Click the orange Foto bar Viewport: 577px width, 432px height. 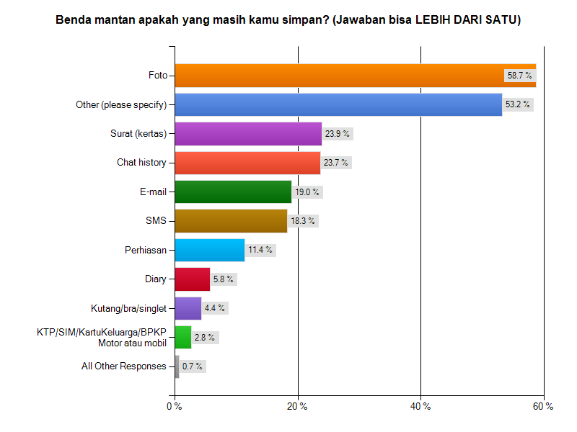(x=339, y=76)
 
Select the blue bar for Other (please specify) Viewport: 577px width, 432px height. (x=338, y=104)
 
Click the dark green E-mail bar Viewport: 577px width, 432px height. (x=232, y=192)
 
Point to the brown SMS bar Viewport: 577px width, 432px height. (x=231, y=221)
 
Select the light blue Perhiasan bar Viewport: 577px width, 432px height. (x=209, y=250)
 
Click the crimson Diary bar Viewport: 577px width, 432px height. (x=192, y=279)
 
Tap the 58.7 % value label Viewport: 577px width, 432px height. (x=519, y=75)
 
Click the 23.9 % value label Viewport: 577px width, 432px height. (x=337, y=134)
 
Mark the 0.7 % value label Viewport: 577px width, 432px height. (x=192, y=366)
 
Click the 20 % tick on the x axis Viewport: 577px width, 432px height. (x=297, y=407)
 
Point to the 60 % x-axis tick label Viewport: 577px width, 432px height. (x=543, y=407)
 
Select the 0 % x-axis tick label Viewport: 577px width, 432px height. (x=175, y=407)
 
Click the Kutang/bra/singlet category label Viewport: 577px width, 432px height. (x=129, y=308)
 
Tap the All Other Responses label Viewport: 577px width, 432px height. (x=124, y=366)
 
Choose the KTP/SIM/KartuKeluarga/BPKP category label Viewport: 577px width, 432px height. (x=102, y=333)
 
